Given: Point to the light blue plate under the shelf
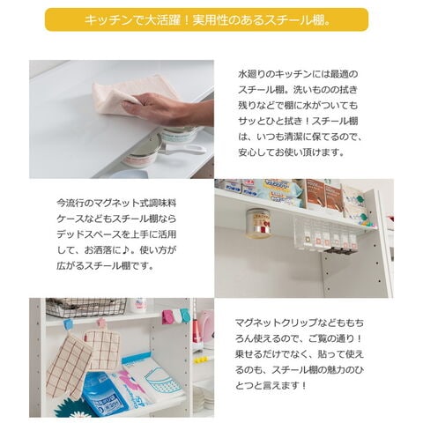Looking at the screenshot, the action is [130, 174].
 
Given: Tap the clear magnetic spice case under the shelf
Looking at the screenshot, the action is [323, 235].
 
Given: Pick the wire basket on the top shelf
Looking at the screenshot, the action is [86, 308].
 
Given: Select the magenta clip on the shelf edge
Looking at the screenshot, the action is [166, 315].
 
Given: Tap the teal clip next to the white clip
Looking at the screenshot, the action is [185, 315].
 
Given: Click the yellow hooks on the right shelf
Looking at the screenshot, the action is [201, 360].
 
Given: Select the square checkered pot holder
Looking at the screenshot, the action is [102, 350].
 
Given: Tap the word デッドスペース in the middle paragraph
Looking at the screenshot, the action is [89, 234].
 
